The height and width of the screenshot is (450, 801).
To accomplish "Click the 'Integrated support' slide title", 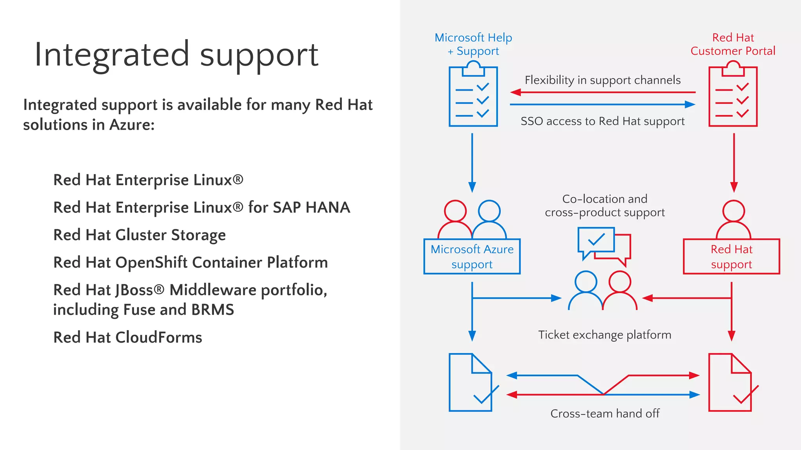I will [x=176, y=55].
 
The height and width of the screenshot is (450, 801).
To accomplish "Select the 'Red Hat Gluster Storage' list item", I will [x=139, y=235].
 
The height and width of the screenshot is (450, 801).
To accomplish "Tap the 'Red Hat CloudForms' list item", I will [x=128, y=337].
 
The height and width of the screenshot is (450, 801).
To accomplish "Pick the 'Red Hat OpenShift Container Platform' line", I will [x=190, y=262].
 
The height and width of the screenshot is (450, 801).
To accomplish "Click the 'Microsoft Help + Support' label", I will [x=473, y=44].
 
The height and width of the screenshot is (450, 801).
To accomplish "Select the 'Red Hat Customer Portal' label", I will [x=733, y=44].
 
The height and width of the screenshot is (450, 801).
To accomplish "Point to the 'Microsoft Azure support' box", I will [x=472, y=257].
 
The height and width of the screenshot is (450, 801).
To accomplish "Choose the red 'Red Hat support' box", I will [x=731, y=257].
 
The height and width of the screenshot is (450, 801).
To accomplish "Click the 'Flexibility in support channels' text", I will [x=602, y=80].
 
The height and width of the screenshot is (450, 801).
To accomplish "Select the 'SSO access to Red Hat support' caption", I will [x=602, y=121].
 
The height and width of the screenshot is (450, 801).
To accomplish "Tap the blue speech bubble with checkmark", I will [x=596, y=240].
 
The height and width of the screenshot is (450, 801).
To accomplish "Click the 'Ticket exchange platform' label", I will [x=605, y=335].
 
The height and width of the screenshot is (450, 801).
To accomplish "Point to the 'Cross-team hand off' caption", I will [x=605, y=413].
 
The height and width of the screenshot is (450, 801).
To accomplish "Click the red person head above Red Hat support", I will [x=733, y=211].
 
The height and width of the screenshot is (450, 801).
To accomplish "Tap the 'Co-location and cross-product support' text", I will [x=605, y=205].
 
